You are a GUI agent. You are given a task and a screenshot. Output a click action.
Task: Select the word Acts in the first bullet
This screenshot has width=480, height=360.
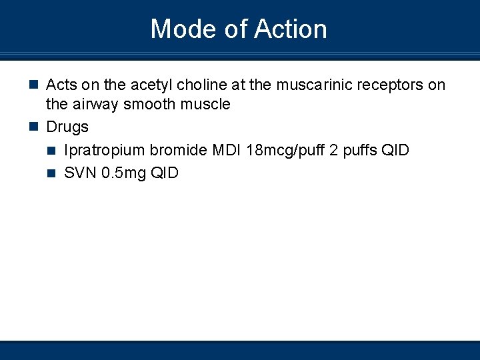click(x=61, y=85)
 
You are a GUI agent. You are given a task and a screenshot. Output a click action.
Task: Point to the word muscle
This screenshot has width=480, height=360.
click(x=207, y=104)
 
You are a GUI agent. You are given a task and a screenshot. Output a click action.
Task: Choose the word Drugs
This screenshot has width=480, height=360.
click(x=67, y=127)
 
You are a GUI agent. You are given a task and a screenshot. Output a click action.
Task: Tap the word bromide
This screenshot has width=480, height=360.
click(x=179, y=150)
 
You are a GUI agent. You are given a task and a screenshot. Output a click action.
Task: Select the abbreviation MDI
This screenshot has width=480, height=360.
click(x=227, y=150)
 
